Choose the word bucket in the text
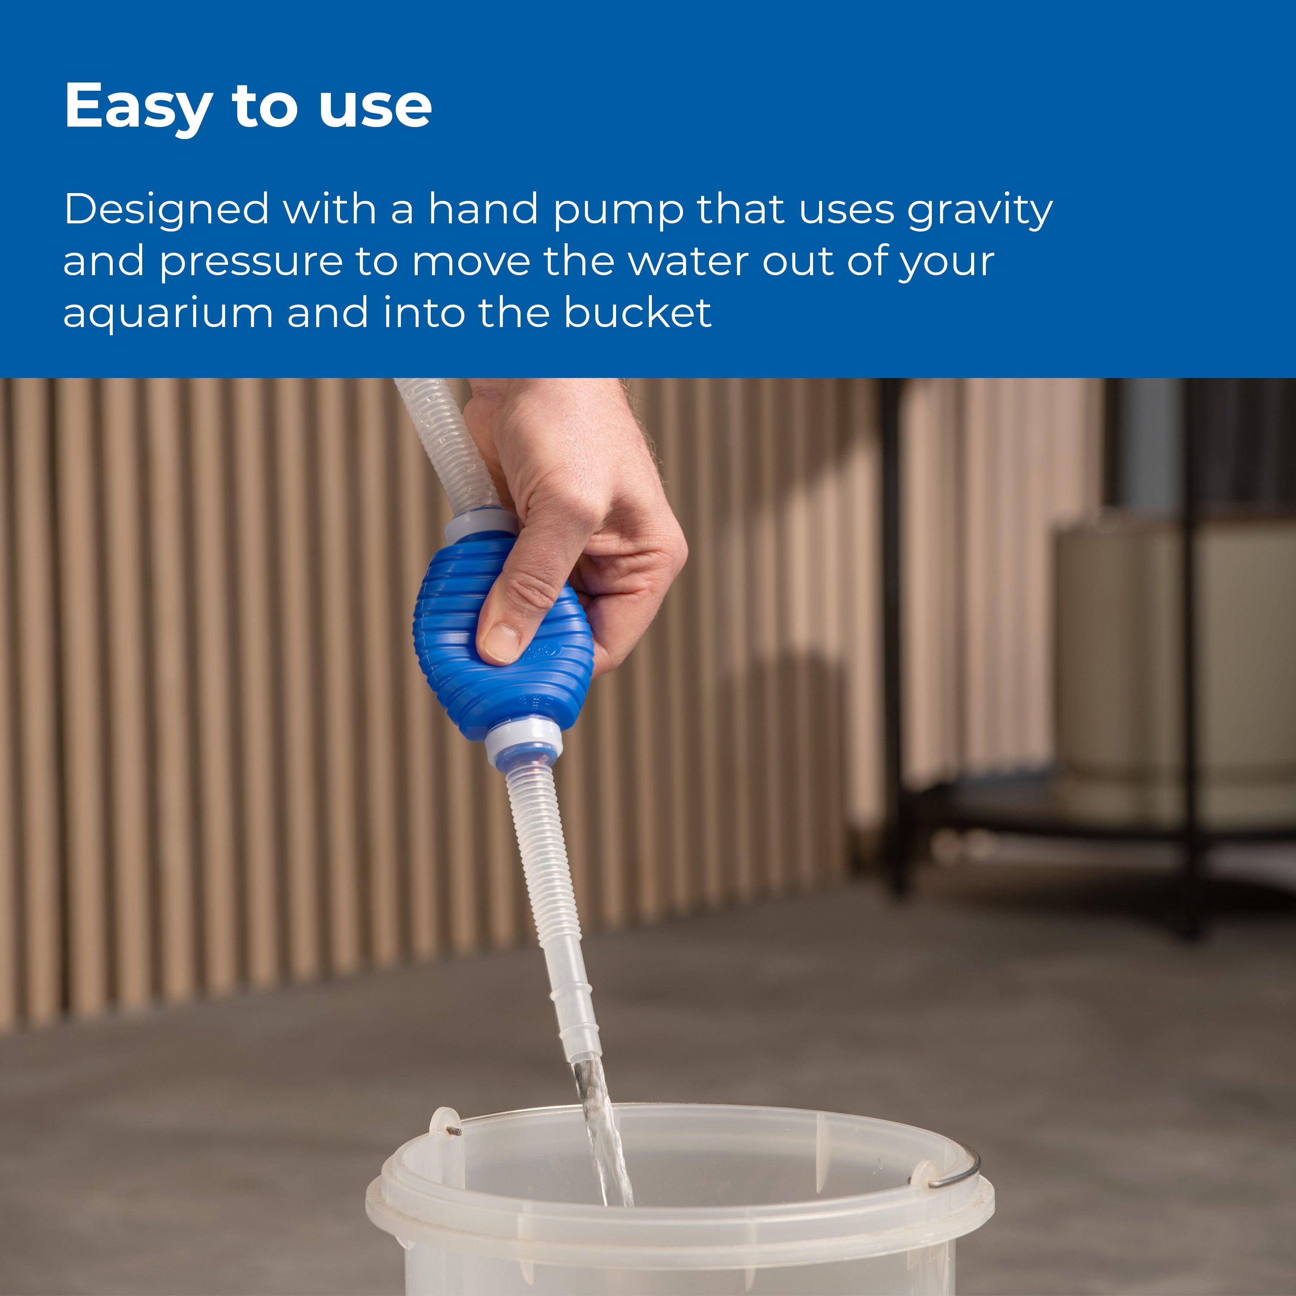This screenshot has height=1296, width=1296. (637, 313)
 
